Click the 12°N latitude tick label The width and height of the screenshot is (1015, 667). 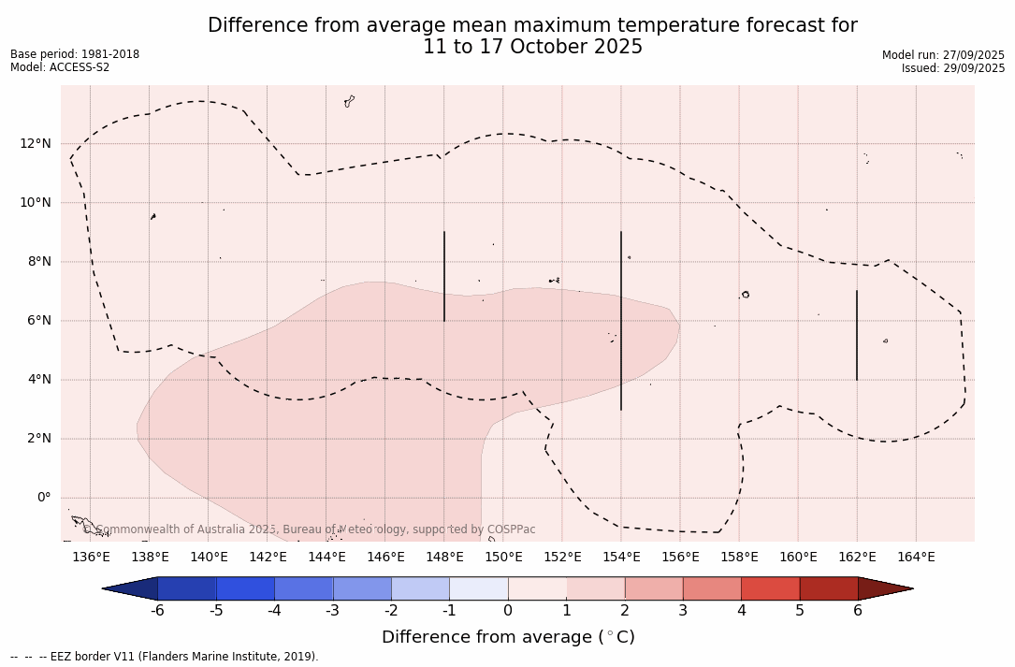point(36,143)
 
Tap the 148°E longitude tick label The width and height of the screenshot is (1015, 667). point(444,558)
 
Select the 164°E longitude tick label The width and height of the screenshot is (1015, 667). point(916,558)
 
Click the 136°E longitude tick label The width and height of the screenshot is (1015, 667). point(91,558)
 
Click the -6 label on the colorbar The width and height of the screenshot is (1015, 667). point(157,611)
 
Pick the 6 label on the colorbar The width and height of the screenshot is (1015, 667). point(858,611)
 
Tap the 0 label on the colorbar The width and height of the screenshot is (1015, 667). point(508,611)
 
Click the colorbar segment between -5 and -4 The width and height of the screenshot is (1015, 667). point(245,588)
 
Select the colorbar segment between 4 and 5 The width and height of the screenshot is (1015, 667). point(770,588)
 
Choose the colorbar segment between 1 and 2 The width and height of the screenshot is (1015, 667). point(595,588)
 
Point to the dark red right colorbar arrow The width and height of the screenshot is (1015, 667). point(884,588)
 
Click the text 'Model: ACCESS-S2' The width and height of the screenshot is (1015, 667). point(60,67)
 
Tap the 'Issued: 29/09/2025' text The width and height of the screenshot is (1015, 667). point(953,68)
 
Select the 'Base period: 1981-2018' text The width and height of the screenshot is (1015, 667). point(75,54)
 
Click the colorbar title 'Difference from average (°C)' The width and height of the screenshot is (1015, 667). point(508,637)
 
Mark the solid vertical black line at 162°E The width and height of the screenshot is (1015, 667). point(857,335)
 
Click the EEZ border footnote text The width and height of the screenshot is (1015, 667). point(165,657)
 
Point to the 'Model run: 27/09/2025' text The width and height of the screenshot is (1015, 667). point(943,55)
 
